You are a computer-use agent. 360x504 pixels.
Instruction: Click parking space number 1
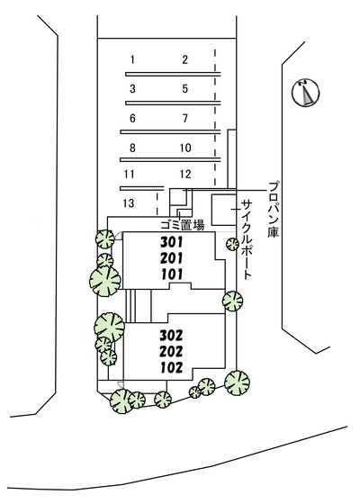point(132,59)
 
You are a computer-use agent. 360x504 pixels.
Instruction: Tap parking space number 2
point(184,59)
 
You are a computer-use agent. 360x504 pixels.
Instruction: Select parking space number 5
point(184,89)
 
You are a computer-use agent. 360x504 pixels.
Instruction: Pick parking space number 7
point(185,118)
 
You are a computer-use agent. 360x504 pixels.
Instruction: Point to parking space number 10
point(185,148)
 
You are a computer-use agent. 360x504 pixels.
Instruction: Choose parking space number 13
point(129,203)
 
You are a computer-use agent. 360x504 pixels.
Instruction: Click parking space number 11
point(129,175)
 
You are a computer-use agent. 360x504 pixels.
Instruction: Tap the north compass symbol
point(305,92)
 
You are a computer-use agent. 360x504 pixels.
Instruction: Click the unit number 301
point(172,242)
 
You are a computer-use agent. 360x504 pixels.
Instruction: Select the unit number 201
point(172,258)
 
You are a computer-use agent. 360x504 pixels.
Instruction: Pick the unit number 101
point(172,274)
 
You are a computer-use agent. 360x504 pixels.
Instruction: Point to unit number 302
point(171,336)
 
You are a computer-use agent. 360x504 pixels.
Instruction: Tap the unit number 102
point(171,367)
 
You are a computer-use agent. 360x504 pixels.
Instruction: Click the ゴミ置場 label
point(182,225)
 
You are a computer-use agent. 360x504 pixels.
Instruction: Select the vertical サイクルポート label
point(247,239)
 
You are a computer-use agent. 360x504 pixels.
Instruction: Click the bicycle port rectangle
point(224,210)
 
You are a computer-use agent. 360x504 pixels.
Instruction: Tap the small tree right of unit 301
point(232,244)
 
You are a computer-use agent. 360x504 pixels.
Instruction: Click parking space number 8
point(132,148)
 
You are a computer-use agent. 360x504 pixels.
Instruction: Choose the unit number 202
point(171,351)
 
